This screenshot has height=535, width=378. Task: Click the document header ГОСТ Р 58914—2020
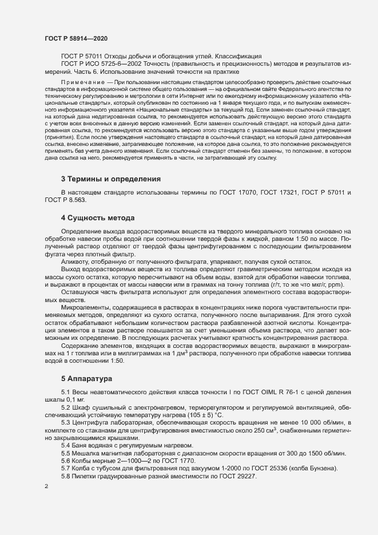75,38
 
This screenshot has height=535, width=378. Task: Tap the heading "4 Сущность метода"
98,218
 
